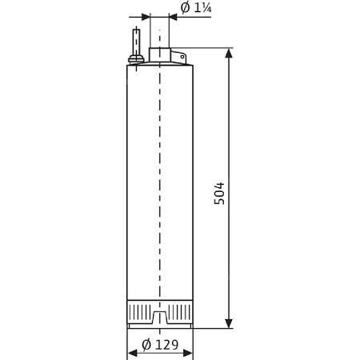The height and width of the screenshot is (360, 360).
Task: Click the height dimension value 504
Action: (x=219, y=193)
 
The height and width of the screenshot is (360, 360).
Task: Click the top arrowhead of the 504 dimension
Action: (x=230, y=54)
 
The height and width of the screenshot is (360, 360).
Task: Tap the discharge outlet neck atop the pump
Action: (x=160, y=56)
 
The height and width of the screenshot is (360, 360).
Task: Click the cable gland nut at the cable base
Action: (x=137, y=57)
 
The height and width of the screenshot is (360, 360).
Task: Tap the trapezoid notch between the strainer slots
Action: (x=160, y=319)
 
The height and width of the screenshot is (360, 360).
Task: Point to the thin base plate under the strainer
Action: (x=160, y=326)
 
